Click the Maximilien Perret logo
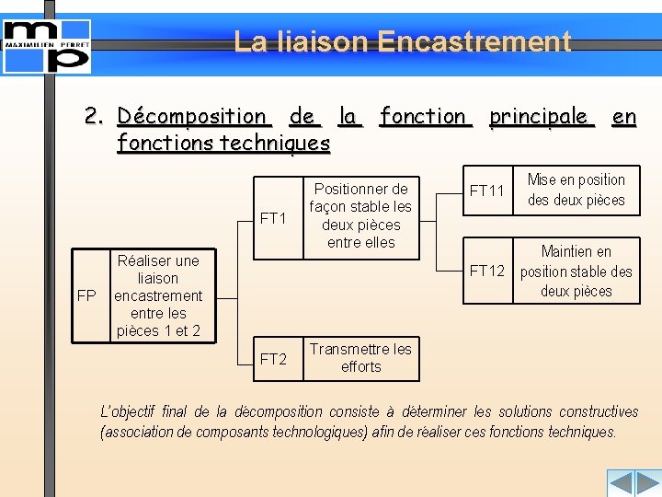[47, 45]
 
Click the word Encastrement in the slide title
[474, 41]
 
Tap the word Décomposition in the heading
[192, 117]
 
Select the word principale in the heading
[539, 117]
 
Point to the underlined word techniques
[275, 143]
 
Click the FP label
[86, 295]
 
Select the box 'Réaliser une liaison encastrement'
[158, 295]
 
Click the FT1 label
[274, 218]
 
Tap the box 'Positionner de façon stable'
[360, 216]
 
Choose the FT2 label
[274, 359]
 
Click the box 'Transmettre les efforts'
[360, 358]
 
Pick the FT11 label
[487, 191]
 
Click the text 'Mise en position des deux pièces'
[576, 190]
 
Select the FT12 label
[487, 271]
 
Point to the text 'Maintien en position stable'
[576, 272]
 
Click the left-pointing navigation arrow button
[621, 483]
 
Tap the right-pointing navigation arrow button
[647, 483]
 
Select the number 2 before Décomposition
[92, 117]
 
